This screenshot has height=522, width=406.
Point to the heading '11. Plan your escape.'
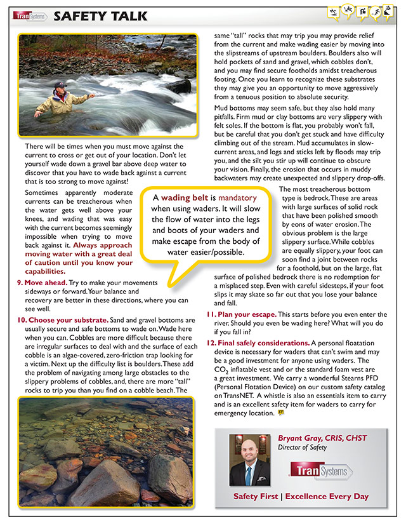point(242,315)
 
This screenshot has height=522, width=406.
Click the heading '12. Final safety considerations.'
point(258,343)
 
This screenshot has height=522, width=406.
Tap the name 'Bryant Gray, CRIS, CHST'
point(322,438)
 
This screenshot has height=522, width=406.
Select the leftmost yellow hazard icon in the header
point(334,11)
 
